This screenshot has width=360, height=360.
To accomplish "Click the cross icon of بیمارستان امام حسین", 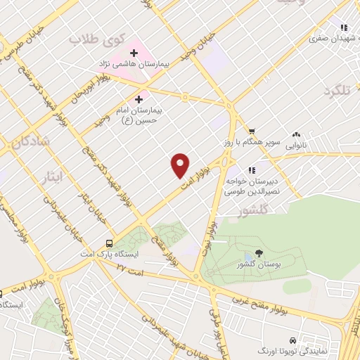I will tap(139, 99).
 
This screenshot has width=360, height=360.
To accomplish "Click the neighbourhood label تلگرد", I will tap(337, 91).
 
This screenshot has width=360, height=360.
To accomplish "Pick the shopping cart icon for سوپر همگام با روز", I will tap(252, 131).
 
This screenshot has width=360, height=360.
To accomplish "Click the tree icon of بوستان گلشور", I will tap(259, 253).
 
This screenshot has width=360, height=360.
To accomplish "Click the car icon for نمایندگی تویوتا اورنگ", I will tap(304, 340).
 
